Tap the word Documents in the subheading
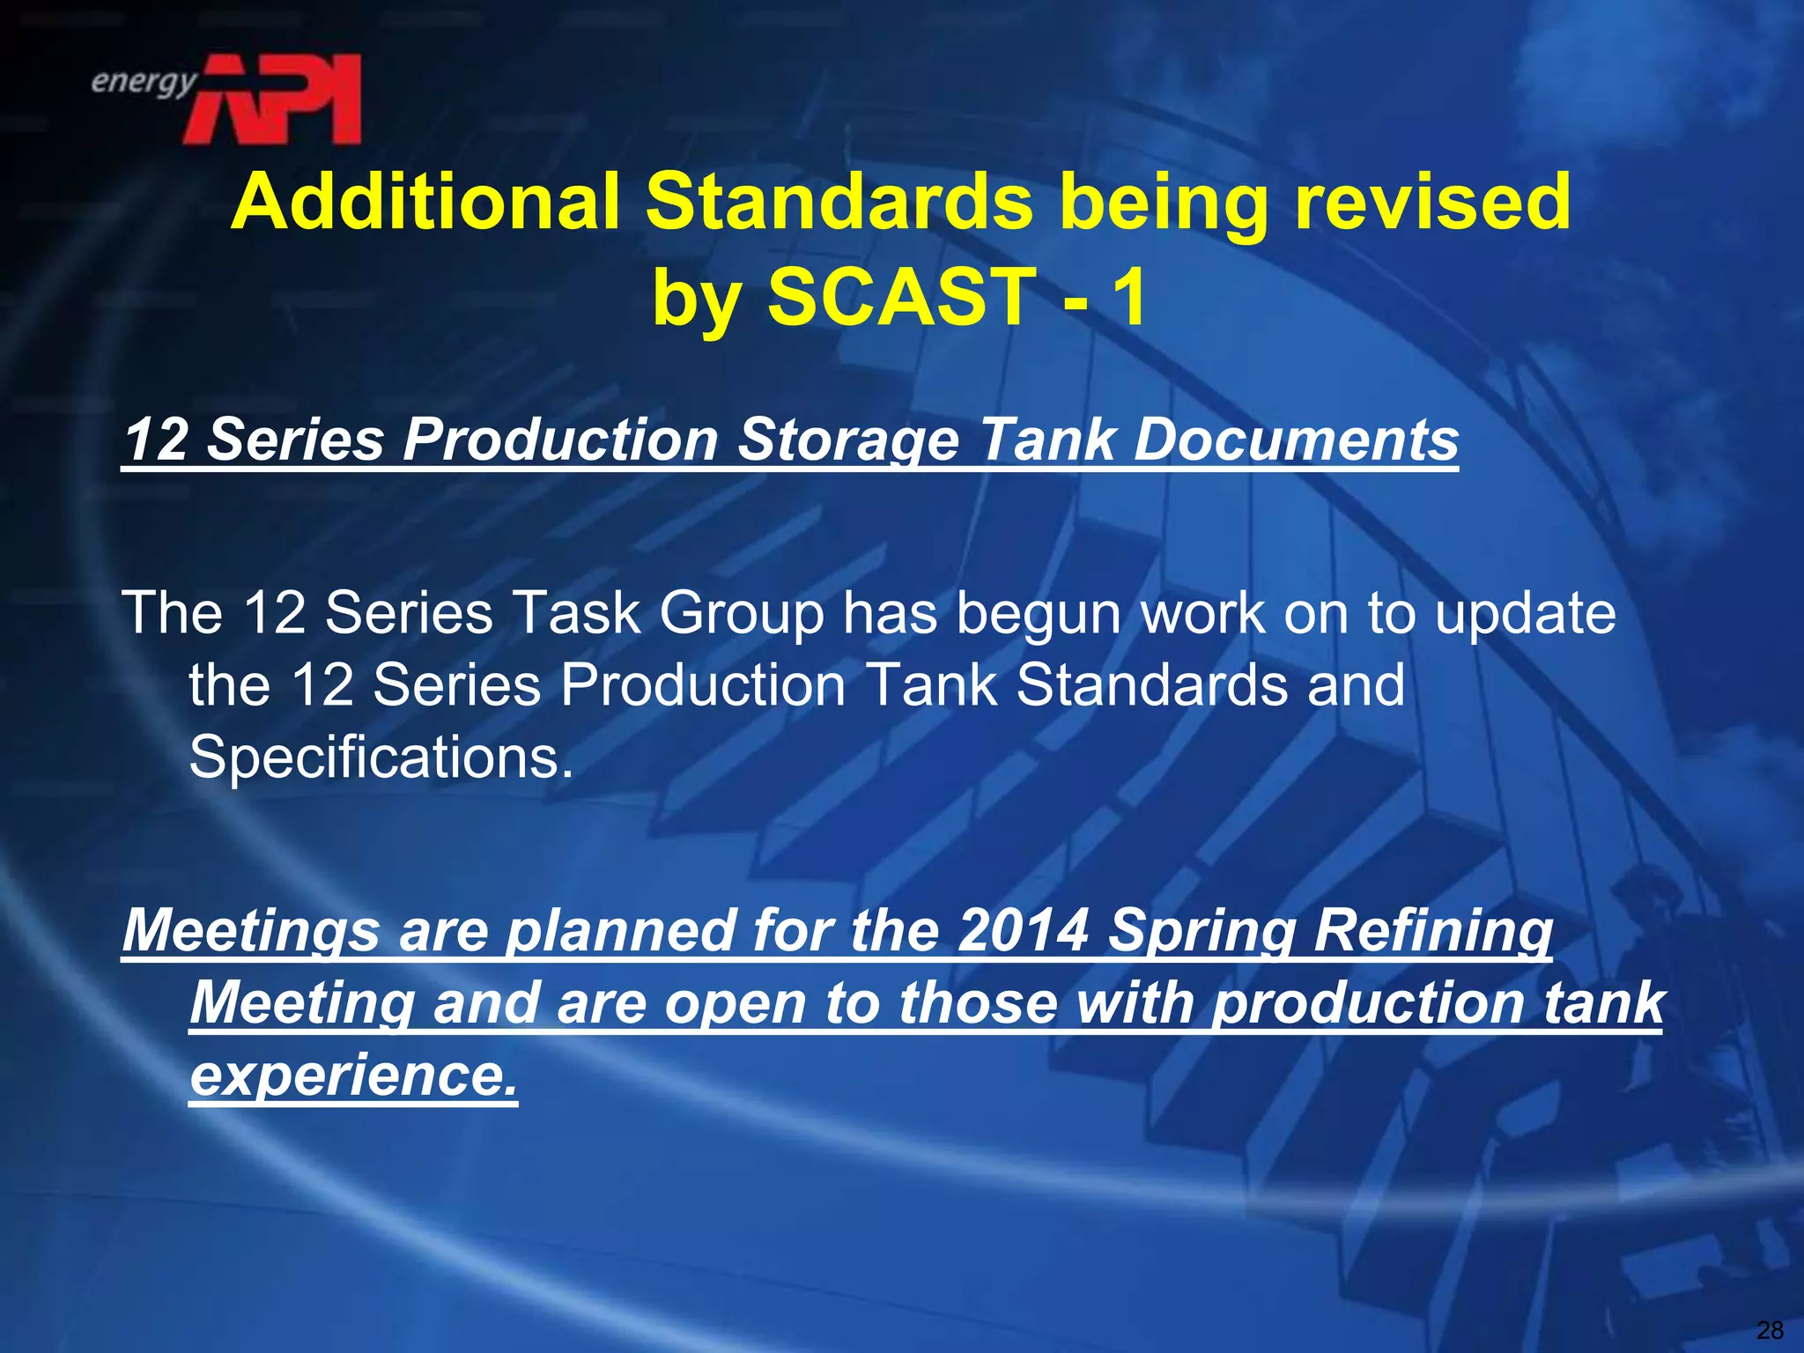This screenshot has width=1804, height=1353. tap(1296, 440)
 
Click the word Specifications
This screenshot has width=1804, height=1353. tap(381, 757)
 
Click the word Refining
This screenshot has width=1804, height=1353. tap(1433, 932)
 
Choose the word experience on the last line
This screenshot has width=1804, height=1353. tap(353, 1076)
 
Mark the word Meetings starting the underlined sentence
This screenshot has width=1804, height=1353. tap(251, 932)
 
